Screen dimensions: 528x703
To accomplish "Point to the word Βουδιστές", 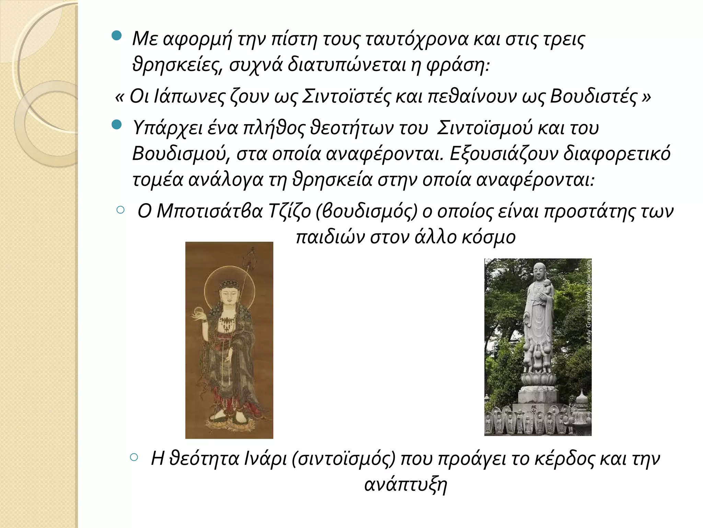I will [x=594, y=96].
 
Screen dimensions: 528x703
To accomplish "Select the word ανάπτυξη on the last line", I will [x=406, y=485].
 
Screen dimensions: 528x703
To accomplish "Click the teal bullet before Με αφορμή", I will [x=117, y=35].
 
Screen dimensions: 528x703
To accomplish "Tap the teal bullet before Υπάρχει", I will [x=117, y=124].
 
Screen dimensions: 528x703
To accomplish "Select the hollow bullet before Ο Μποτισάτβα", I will [x=120, y=210].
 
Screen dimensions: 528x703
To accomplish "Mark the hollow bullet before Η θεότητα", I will [x=134, y=457].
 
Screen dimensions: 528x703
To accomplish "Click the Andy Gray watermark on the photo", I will [x=588, y=305].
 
